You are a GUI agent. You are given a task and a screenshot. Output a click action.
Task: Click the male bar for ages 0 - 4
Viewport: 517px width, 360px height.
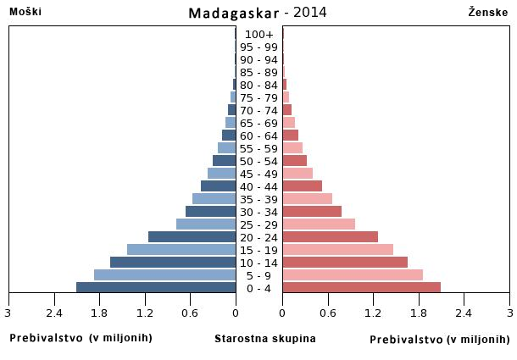coord(156,287)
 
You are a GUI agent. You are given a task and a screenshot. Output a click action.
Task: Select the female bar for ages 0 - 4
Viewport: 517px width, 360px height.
coord(361,287)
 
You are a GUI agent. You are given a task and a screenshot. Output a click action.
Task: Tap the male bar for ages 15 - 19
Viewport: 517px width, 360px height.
coord(181,249)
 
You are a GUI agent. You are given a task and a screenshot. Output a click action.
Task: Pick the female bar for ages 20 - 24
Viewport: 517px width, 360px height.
coord(330,236)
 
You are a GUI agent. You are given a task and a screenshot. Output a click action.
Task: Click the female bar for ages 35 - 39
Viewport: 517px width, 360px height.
coord(307,198)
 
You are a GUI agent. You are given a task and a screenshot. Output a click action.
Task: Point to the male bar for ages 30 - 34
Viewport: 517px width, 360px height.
coord(210,211)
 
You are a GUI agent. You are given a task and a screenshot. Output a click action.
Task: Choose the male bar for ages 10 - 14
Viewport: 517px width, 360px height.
coord(173,262)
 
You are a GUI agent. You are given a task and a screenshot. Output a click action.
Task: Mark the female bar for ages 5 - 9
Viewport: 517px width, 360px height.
coord(353,274)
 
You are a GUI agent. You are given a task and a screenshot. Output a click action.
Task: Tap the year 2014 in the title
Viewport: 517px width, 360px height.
coord(311,13)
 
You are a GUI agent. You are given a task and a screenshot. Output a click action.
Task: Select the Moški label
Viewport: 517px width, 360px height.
coord(25,12)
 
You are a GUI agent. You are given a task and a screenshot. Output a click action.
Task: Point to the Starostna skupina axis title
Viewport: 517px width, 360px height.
coord(265,339)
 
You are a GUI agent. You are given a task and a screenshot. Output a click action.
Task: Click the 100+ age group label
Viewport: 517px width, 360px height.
coord(258,34)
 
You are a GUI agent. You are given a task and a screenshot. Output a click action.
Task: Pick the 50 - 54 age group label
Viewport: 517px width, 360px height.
coord(258,161)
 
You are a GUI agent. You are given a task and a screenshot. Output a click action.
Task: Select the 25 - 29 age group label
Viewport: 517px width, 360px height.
coord(258,224)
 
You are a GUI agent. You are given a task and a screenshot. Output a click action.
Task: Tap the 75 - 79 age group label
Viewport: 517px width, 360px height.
coord(258,97)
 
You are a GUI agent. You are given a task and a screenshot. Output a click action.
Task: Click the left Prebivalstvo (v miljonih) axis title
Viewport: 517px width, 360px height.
coord(81,338)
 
